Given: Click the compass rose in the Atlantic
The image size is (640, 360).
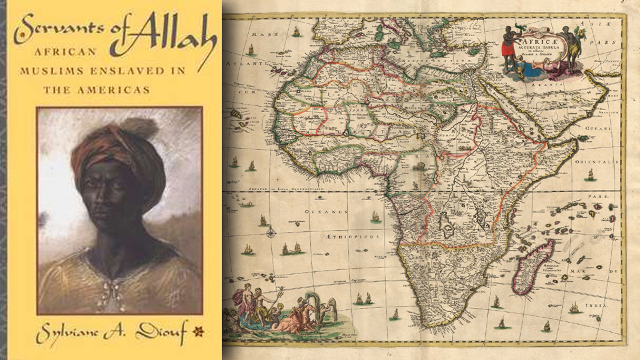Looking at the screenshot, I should (x=271, y=233).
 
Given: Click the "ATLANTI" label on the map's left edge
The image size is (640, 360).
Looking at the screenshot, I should (x=239, y=64).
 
